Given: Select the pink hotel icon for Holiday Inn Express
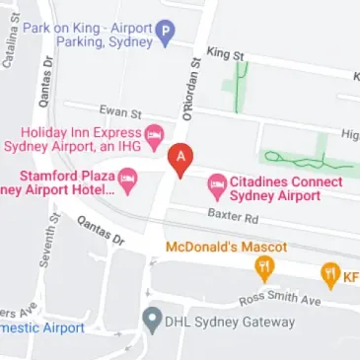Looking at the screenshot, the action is (153, 134).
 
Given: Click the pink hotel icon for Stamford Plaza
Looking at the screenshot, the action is (128, 180).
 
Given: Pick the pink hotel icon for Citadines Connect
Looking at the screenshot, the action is (215, 183).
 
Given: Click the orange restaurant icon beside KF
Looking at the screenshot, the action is (330, 273).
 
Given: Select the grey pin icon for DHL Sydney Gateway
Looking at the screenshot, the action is (150, 319).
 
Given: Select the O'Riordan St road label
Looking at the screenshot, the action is (193, 90).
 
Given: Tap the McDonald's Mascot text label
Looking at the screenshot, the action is (226, 246).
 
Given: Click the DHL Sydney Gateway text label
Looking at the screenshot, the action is (231, 323).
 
